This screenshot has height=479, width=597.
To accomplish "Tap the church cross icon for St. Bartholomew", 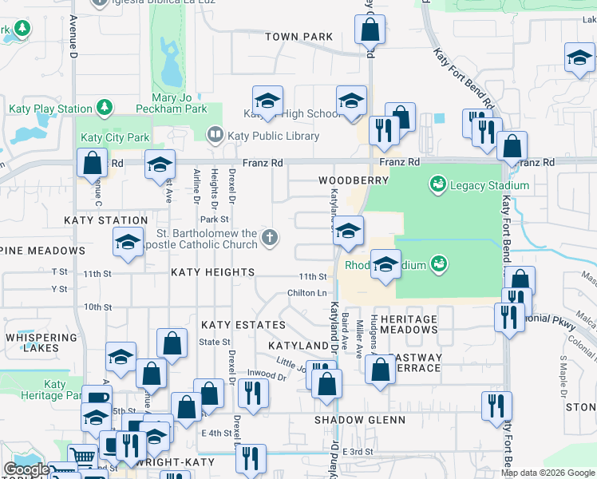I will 271,236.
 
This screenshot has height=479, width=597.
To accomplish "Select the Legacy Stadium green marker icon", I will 437,185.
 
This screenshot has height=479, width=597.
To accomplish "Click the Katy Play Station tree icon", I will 103,108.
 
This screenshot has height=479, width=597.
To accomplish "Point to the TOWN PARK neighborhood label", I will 298,37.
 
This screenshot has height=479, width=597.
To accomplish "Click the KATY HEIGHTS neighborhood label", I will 212,272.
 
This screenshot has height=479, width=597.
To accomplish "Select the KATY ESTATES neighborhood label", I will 243,325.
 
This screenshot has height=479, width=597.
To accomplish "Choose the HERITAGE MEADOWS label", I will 409,325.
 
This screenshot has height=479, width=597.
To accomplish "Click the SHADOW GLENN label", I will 360,420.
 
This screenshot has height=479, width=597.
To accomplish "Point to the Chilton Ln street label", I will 307,293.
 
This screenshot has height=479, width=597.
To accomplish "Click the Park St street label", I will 215,219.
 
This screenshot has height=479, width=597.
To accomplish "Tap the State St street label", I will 215,342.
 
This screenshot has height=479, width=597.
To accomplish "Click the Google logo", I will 26,470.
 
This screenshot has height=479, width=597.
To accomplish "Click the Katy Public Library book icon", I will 215,135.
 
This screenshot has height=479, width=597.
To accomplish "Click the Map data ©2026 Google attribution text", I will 547,473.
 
